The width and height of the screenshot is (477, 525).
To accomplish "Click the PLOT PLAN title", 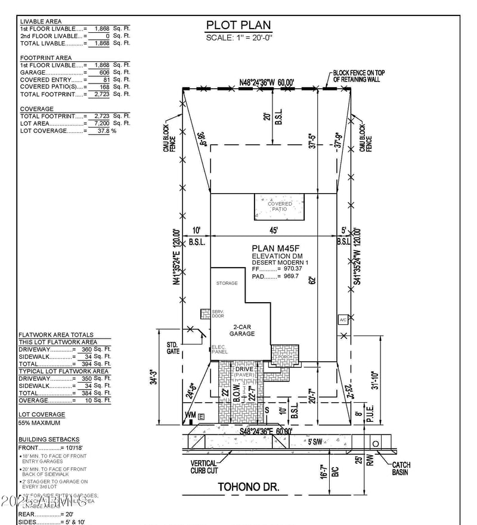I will pos(238,25).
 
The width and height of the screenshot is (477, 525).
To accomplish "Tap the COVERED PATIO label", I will pos(280,207).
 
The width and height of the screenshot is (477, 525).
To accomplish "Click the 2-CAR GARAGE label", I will pos(242,330).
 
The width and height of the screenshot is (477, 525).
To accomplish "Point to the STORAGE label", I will pos(227,283).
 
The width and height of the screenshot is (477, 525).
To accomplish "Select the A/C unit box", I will pos(343,319).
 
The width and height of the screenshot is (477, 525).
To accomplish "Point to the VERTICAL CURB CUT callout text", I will pos(204,467).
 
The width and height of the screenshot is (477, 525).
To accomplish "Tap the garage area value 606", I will pos(95,72).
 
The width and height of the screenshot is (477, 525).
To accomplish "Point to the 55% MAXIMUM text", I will pos(39,423).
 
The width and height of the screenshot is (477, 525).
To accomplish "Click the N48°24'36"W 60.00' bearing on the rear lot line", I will pos(267,82).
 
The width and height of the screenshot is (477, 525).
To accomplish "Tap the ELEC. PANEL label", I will pos(219,349).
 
